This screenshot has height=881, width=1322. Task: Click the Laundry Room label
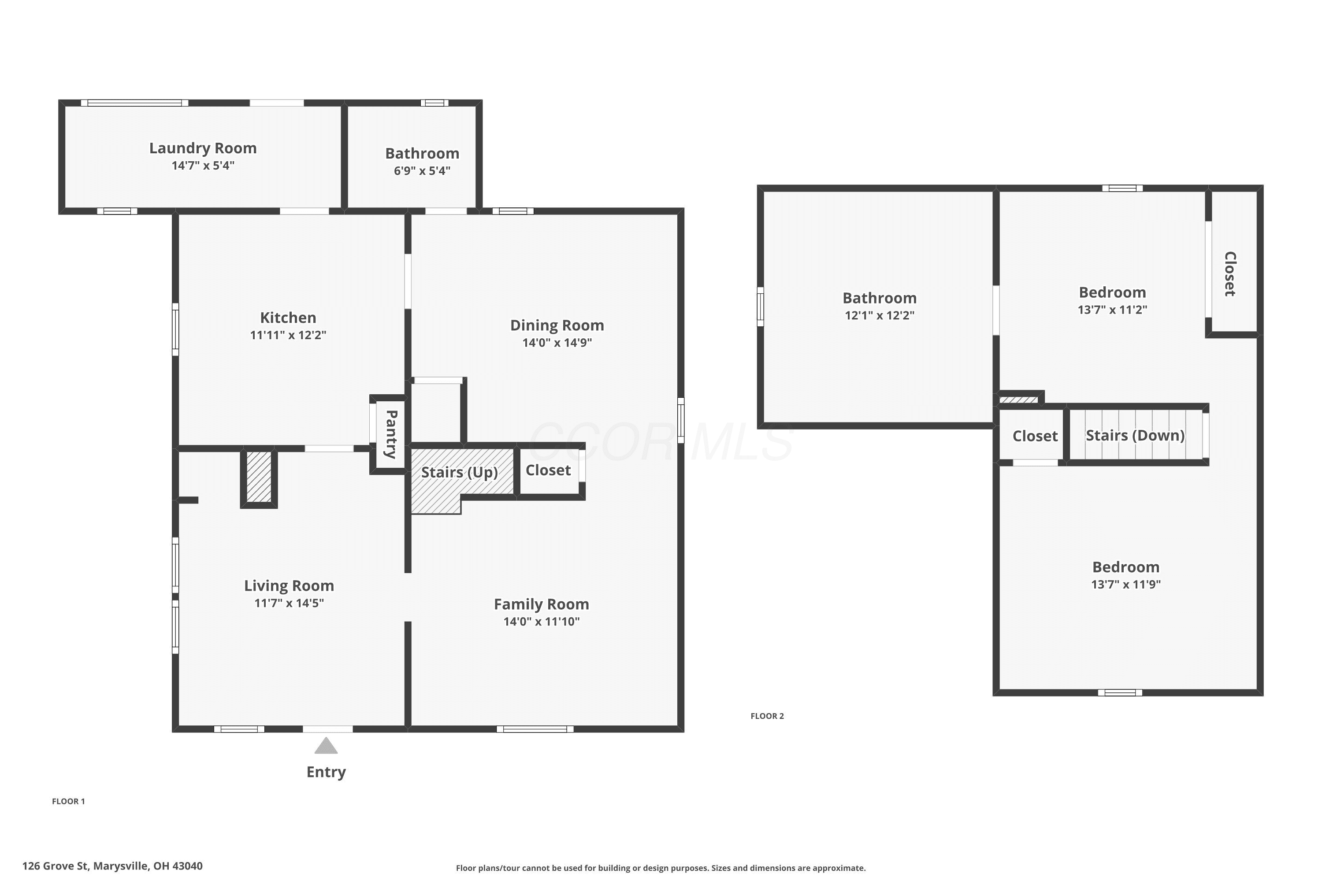pyautogui.click(x=203, y=148)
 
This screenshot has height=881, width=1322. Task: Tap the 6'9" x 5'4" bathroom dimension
pyautogui.click(x=422, y=171)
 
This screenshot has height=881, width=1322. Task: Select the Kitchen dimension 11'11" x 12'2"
pyautogui.click(x=288, y=335)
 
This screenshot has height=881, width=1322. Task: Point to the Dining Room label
pyautogui.click(x=557, y=326)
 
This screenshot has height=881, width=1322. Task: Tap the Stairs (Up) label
pyautogui.click(x=460, y=472)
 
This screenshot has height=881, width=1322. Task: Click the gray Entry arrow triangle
pyautogui.click(x=326, y=746)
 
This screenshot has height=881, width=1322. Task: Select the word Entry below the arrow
pyautogui.click(x=326, y=772)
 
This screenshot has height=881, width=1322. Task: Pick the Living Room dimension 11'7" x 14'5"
pyautogui.click(x=289, y=603)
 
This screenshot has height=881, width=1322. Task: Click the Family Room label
pyautogui.click(x=541, y=604)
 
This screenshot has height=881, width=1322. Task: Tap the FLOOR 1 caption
pyautogui.click(x=69, y=801)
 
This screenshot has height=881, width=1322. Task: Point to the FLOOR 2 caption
pyautogui.click(x=767, y=716)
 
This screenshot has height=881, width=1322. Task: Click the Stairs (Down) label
pyautogui.click(x=1135, y=436)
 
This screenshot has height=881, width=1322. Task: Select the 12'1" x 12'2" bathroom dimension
pyautogui.click(x=880, y=315)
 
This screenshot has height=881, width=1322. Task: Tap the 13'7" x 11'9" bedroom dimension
pyautogui.click(x=1126, y=585)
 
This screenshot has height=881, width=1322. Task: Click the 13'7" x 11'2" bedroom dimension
pyautogui.click(x=1112, y=310)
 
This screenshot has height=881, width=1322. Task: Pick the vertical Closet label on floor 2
pyautogui.click(x=1230, y=274)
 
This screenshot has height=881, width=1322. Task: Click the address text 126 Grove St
pyautogui.click(x=55, y=866)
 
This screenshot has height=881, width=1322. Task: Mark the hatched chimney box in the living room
pyautogui.click(x=259, y=478)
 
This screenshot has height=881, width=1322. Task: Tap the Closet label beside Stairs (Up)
pyautogui.click(x=548, y=470)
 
